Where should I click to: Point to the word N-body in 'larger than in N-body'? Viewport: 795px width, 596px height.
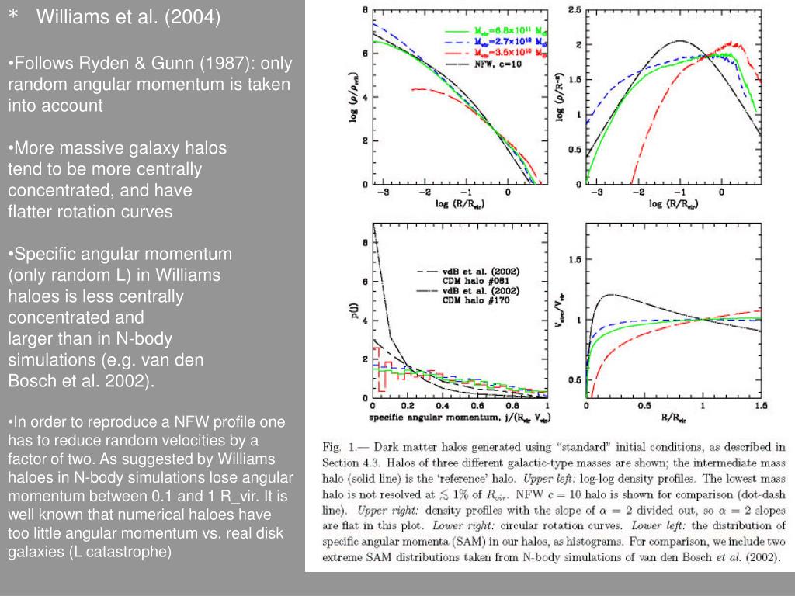[147, 338]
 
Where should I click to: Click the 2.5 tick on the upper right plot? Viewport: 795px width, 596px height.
[575, 9]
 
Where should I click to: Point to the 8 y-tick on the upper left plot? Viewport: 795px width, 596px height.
[366, 9]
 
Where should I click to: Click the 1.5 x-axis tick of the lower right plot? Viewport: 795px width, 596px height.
[760, 406]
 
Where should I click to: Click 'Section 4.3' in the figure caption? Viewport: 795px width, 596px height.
[349, 463]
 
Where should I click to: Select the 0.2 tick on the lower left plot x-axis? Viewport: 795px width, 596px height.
[408, 406]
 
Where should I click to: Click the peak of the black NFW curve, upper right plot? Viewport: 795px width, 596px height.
[680, 40]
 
